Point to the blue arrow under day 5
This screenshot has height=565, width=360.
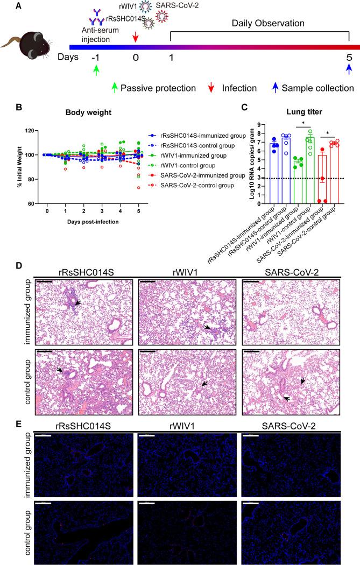(x=349, y=70)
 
